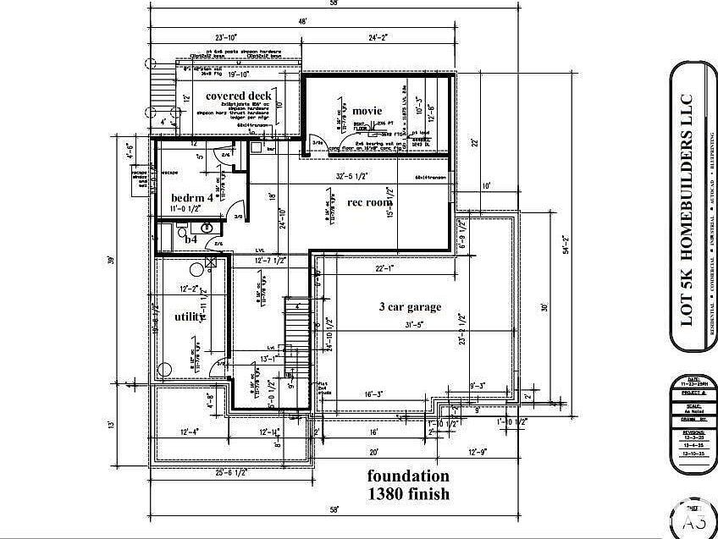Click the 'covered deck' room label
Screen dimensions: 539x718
point(237,96)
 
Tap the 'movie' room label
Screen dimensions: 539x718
point(367,111)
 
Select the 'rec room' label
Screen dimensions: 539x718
point(370,202)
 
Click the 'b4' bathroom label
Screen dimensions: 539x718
point(191,239)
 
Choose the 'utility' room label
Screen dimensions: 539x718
point(189,316)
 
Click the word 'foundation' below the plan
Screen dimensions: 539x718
point(407,475)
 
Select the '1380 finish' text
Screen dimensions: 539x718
point(407,492)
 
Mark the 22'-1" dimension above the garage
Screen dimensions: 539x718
point(385,268)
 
